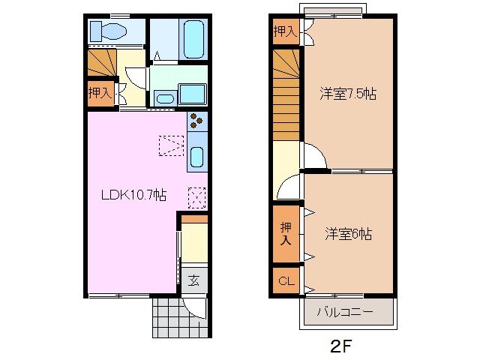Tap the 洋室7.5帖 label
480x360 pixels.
pyautogui.click(x=347, y=94)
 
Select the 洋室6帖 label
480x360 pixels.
pyautogui.click(x=348, y=234)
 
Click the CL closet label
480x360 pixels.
pyautogui.click(x=285, y=282)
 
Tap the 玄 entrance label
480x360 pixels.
pyautogui.click(x=193, y=281)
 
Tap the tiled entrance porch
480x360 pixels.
pyautogui.click(x=167, y=316)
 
